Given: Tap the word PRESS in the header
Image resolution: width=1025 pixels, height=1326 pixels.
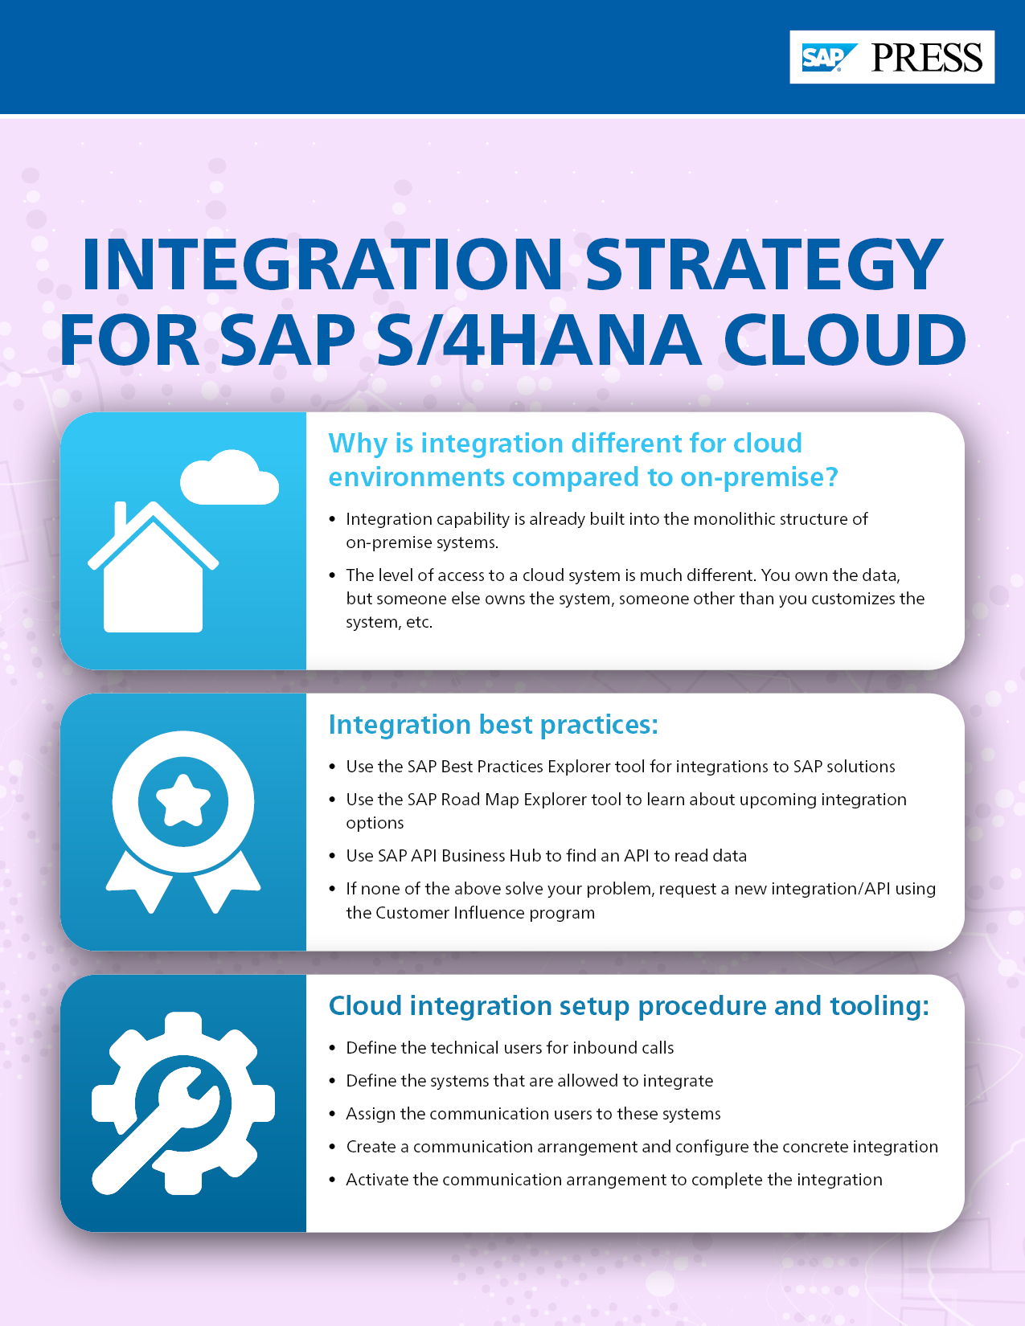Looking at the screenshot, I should [x=927, y=58].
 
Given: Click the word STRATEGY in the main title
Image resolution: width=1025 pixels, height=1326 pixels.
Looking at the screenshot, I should [x=764, y=264].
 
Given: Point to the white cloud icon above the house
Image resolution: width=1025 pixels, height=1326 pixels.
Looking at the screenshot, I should [x=229, y=479].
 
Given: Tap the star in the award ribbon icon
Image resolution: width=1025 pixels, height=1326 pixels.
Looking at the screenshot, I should [x=183, y=800].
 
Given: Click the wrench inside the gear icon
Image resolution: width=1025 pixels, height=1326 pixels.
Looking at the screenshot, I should [x=161, y=1125].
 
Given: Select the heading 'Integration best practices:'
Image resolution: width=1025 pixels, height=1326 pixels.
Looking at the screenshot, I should [x=493, y=725].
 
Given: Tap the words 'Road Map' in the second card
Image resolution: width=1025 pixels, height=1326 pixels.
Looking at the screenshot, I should [x=480, y=800].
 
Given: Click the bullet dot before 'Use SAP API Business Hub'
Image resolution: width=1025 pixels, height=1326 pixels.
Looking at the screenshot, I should [x=333, y=857].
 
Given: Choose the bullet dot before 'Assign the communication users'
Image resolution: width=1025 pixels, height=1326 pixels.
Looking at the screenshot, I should [x=333, y=1115].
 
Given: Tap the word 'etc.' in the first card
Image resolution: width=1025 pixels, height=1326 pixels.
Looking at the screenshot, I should [x=419, y=622].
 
